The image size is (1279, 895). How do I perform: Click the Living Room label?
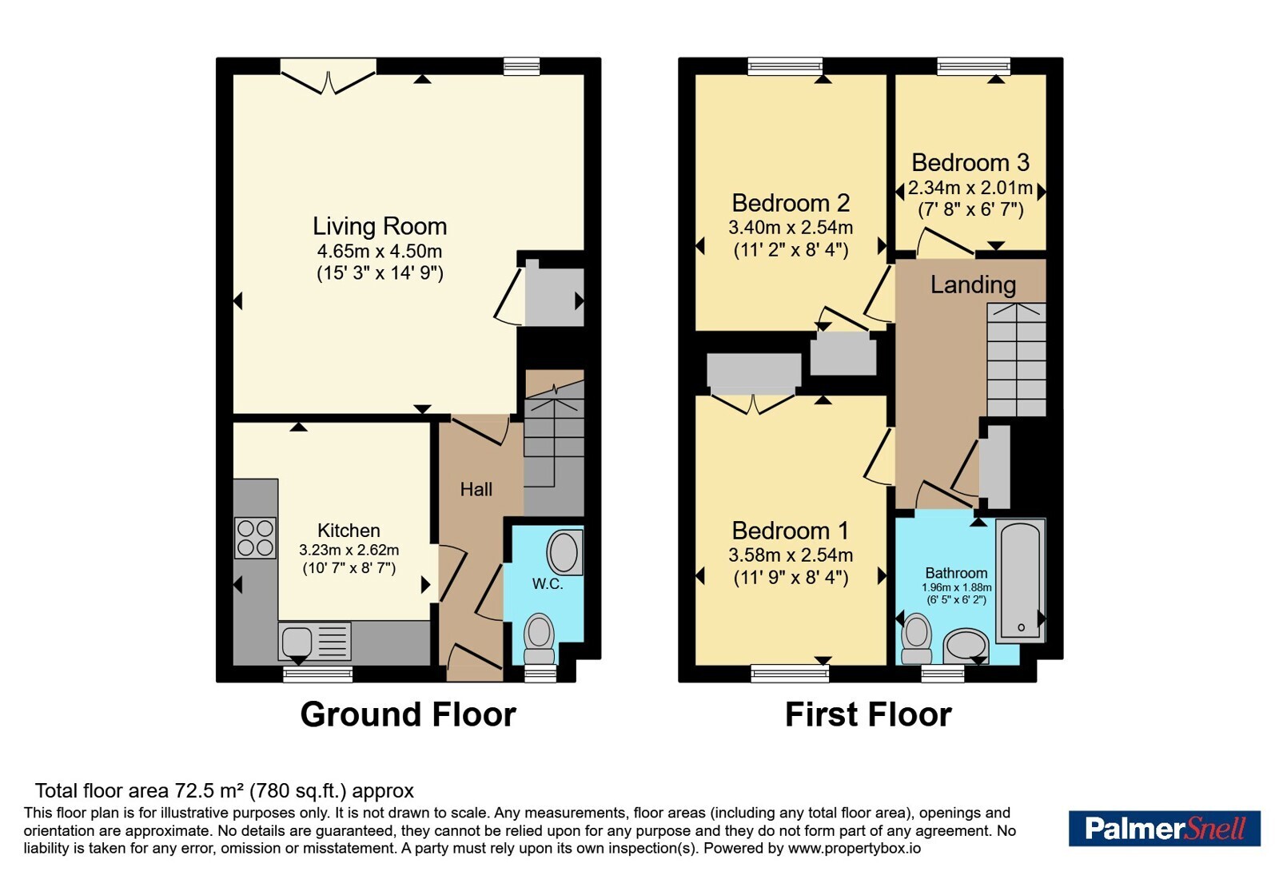pos(379,227)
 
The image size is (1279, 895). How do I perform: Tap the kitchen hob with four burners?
pos(255,538)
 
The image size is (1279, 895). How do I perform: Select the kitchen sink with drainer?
pos(315,641)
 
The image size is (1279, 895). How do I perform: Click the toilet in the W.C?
pos(540,638)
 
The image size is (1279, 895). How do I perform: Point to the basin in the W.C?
pos(564,552)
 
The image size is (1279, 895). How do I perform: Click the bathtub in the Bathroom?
pos(1021,580)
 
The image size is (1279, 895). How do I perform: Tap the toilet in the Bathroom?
pos(916,638)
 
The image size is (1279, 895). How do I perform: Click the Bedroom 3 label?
pos(970,163)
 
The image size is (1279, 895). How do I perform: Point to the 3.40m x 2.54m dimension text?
pos(791,228)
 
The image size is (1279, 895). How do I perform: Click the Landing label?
pos(973,284)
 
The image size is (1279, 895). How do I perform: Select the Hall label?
pos(476,489)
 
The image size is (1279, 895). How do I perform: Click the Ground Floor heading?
pos(408,714)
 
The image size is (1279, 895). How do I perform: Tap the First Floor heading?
pos(868,714)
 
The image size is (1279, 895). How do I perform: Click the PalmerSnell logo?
pos(1164,828)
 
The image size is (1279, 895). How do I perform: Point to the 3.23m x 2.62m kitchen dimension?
pos(349,551)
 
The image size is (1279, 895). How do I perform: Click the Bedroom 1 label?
pos(791,531)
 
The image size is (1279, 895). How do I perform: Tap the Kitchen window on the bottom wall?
pos(318,675)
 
